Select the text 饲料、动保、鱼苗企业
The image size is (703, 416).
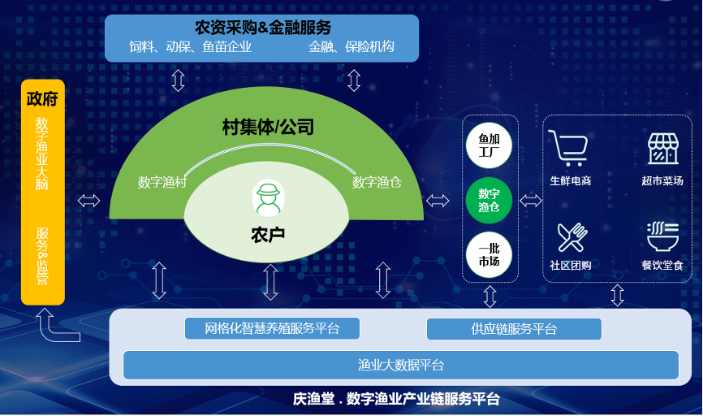(191, 47)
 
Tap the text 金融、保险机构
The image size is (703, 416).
(351, 47)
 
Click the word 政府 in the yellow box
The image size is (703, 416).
(42, 99)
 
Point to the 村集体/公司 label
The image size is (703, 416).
(268, 127)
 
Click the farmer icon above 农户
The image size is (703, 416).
(268, 196)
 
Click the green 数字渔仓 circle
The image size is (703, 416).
(489, 200)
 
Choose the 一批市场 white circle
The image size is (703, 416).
(489, 254)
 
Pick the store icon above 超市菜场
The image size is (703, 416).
(662, 148)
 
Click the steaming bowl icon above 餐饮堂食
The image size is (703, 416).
(662, 237)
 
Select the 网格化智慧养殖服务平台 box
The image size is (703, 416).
(271, 328)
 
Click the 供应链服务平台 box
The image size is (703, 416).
(514, 329)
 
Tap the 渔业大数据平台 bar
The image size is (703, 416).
(401, 365)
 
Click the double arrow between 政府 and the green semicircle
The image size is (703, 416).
(88, 201)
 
